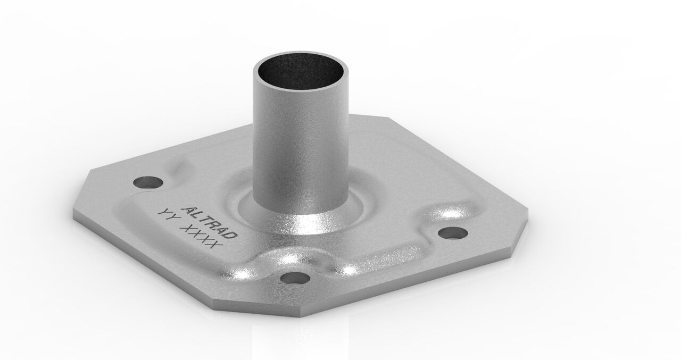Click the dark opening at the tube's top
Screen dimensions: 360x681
pos(300,72)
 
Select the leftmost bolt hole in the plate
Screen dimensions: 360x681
pos(147,182)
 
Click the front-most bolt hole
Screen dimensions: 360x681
pos(294,278)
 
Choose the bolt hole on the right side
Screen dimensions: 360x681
pos(452,233)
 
